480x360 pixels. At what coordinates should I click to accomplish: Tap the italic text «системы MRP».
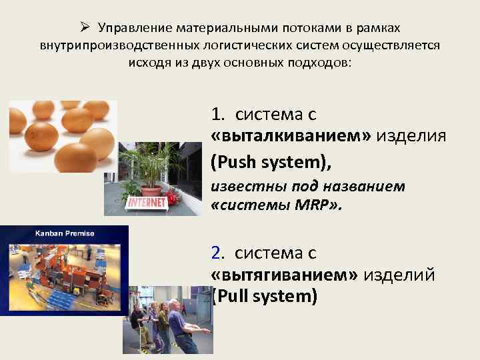coord(275,206)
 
